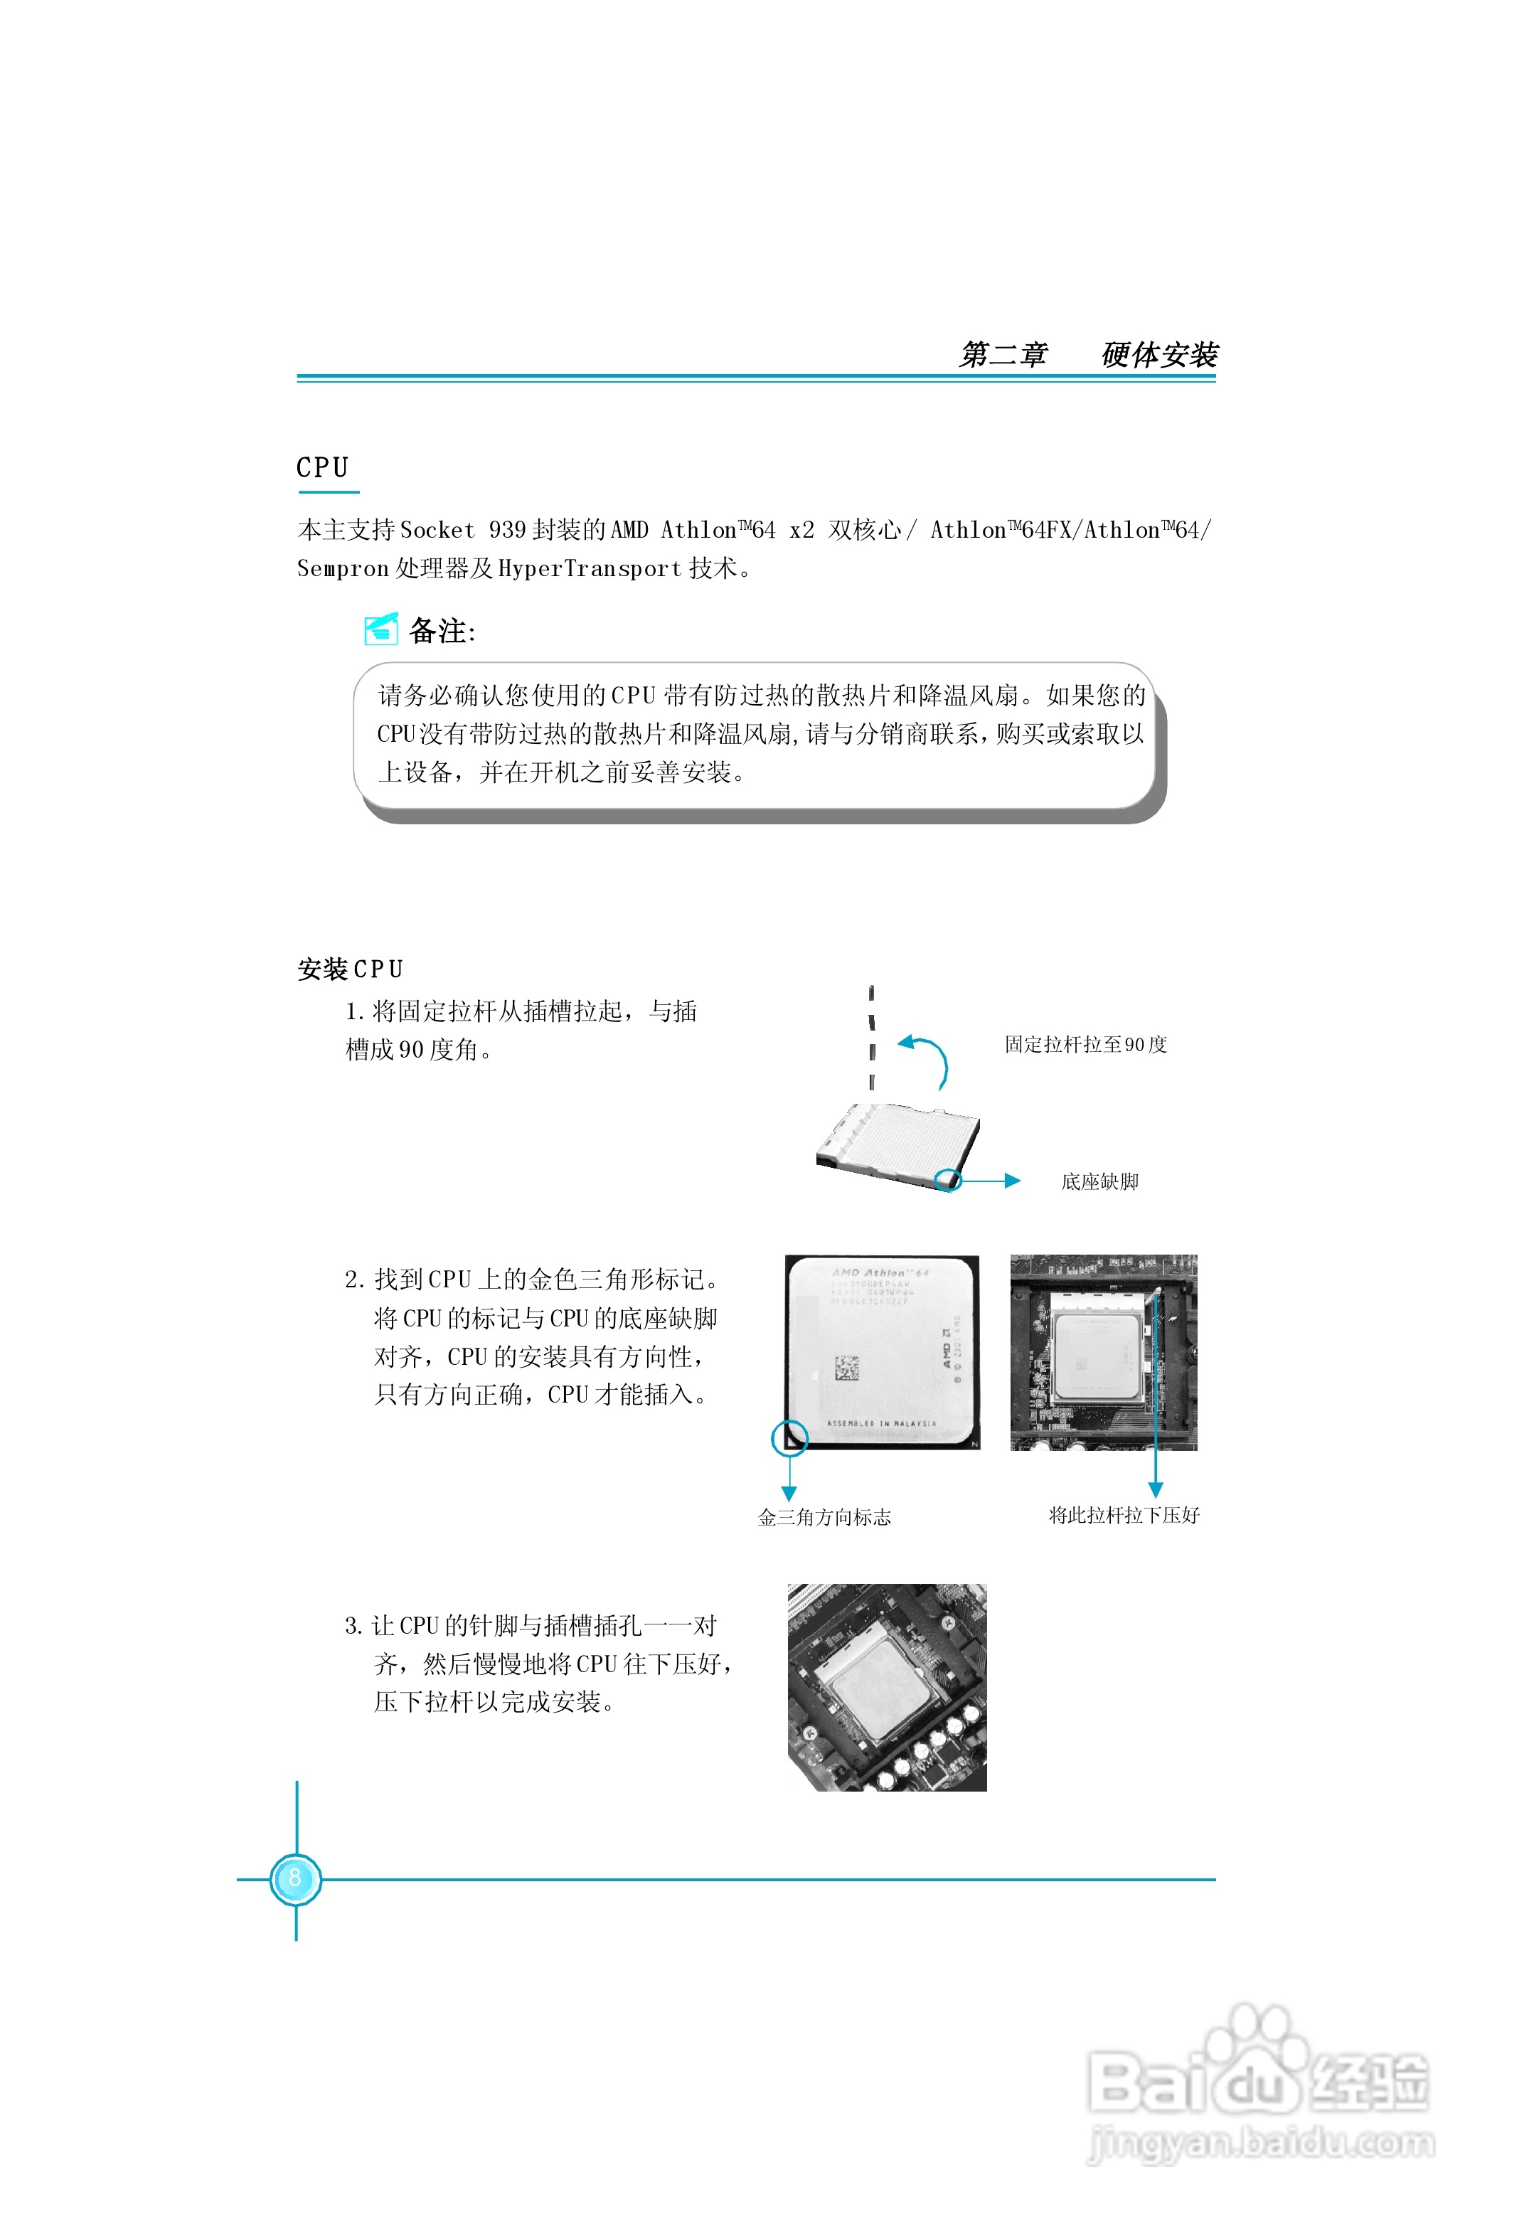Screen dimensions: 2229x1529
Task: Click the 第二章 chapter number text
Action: [1003, 355]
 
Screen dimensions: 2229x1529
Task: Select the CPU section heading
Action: [322, 468]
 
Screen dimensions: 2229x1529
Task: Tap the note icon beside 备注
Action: [380, 629]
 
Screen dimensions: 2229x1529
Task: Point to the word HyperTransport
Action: [590, 569]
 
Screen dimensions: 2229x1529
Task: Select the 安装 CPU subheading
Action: [350, 969]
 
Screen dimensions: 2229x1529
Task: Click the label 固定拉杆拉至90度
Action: [1085, 1045]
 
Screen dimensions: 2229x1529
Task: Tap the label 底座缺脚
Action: [1099, 1181]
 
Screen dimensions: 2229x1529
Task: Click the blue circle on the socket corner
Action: [949, 1180]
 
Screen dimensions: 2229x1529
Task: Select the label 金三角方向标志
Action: [824, 1517]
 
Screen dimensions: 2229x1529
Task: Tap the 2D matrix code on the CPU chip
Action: [846, 1367]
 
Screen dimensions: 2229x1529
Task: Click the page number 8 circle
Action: [295, 1878]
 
